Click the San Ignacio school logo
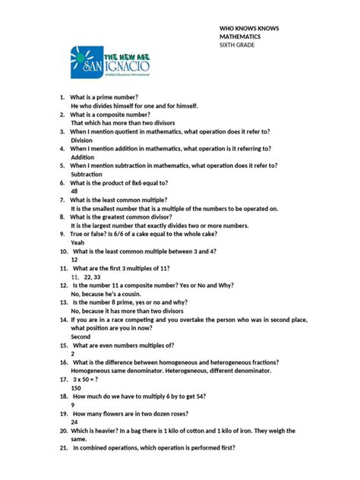click(x=111, y=65)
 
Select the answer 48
click(x=74, y=192)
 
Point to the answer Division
click(x=82, y=140)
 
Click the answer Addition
click(x=82, y=157)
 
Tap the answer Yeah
click(x=78, y=242)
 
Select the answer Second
click(x=81, y=336)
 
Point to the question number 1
click(x=62, y=98)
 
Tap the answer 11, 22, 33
click(x=87, y=277)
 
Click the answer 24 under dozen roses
click(x=74, y=422)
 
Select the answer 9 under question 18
click(x=73, y=404)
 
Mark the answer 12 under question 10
click(x=74, y=259)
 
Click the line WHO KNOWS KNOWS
click(x=249, y=27)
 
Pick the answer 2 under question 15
click(x=73, y=353)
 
